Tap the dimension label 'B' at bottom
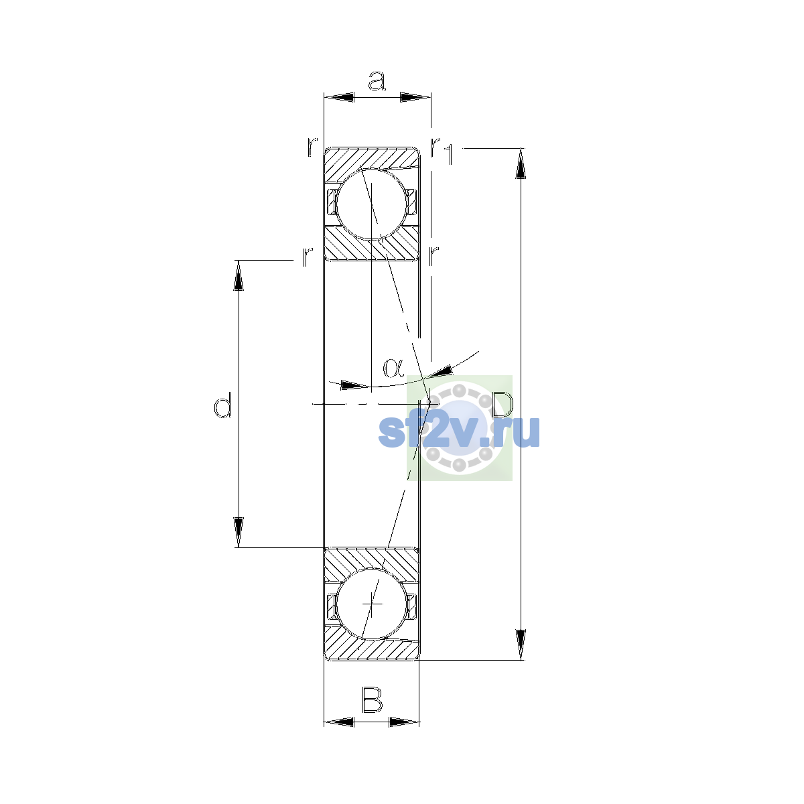(x=372, y=699)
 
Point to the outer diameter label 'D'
(x=503, y=405)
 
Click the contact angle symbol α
(x=393, y=368)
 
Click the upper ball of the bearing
(x=371, y=204)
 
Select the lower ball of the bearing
(x=371, y=604)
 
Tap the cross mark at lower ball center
(x=372, y=604)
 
